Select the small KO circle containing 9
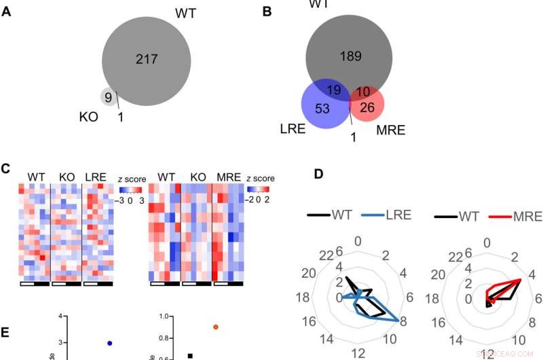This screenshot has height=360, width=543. pos(107,97)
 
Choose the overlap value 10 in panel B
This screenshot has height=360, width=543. pos(363,90)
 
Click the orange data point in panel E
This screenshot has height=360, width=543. pos(216,327)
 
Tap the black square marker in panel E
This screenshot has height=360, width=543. pos(190,355)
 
